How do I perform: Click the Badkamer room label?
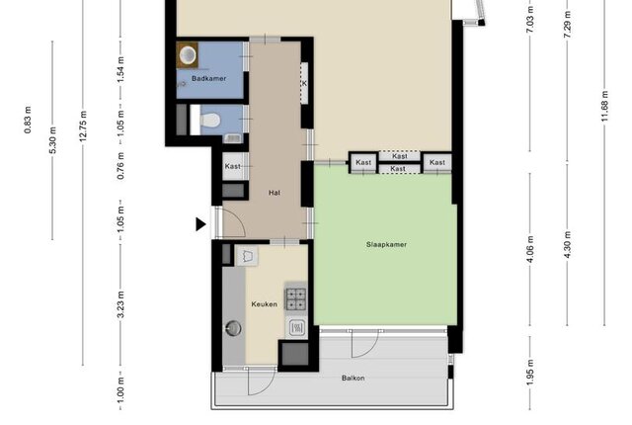pos(208,78)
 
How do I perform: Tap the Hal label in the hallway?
pos(275,193)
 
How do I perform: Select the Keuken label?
pos(264,304)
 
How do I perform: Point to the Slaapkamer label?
pos(386,244)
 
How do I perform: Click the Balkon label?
pos(354,378)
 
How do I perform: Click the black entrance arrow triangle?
pos(200,224)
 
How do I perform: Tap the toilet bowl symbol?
pos(210,120)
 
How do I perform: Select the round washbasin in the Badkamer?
pos(188,54)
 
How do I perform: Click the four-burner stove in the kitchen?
pos(296,298)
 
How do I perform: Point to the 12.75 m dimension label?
pos(83,126)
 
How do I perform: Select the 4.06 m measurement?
pos(530,249)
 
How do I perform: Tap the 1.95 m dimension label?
pos(530,373)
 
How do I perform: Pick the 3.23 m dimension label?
pos(120,304)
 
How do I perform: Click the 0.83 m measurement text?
pos(28,120)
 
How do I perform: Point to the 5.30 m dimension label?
pos(52,140)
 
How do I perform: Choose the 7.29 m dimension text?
pos(567,25)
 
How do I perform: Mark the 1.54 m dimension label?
pos(120,70)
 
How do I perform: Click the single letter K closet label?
pos(304,83)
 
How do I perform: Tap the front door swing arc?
pos(239,219)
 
